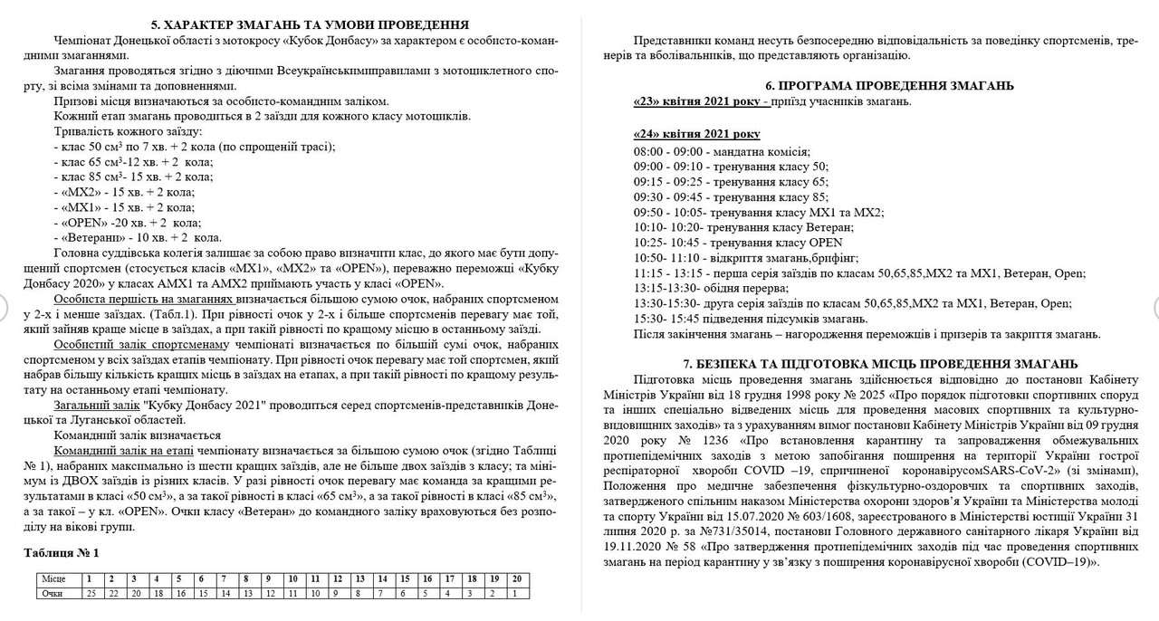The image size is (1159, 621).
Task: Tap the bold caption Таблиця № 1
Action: click(61, 552)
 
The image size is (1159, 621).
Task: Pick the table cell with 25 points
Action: click(91, 593)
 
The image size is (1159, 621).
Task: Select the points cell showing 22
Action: click(112, 593)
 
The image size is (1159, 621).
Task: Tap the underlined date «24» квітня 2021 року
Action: click(697, 134)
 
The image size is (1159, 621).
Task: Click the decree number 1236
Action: click(720, 441)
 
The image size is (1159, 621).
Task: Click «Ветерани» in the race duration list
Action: click(90, 237)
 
